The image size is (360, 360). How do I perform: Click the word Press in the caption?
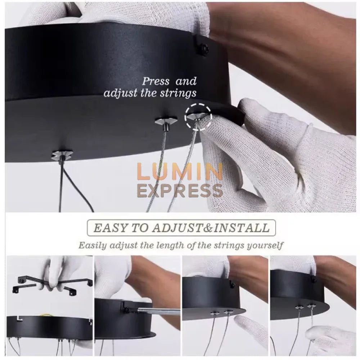[156, 81]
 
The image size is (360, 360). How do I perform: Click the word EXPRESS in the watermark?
[180, 190]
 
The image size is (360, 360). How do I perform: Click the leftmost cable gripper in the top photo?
[62, 155]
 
